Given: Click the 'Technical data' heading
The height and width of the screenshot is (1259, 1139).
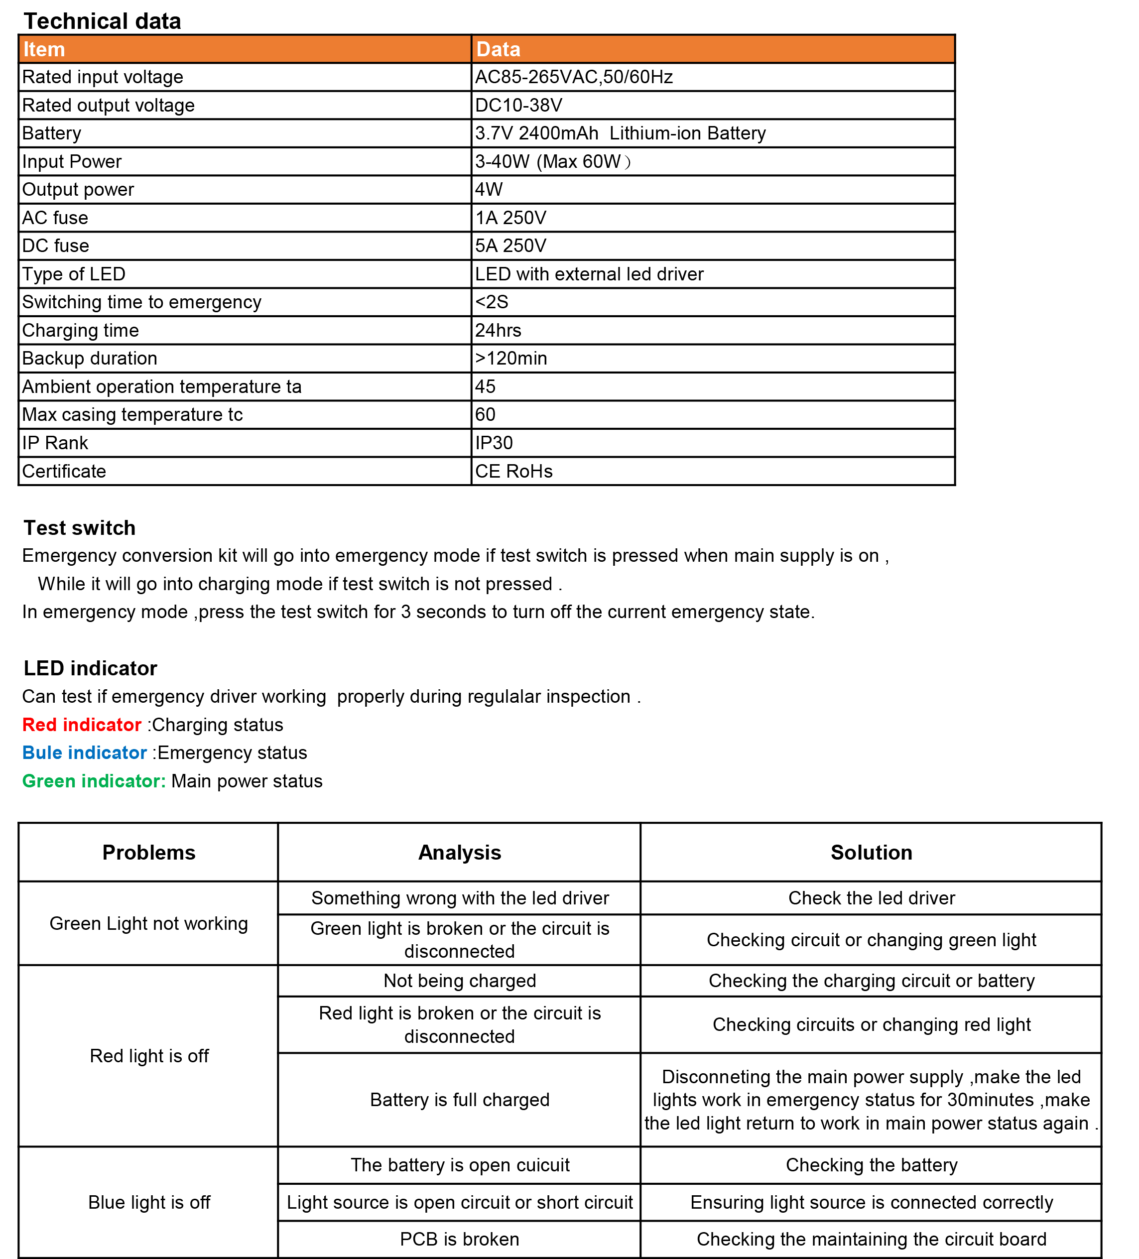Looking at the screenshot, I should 103,21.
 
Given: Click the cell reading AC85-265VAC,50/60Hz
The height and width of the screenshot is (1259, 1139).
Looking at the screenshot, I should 573,77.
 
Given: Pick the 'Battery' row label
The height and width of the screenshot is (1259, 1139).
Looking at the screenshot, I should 52,133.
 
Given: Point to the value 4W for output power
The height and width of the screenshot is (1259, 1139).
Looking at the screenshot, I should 489,189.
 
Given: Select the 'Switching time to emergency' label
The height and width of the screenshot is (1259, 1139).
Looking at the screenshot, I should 142,302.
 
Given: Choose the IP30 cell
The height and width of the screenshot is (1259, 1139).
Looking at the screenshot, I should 494,443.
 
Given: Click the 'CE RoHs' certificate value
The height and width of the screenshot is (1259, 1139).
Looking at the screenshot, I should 513,471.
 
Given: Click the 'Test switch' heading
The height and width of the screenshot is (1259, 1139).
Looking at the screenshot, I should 79,528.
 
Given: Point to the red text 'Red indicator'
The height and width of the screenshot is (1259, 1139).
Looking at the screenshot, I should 82,725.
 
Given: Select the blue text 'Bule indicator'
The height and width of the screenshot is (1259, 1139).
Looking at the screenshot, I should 84,753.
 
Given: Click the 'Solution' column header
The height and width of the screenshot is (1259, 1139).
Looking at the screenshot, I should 871,853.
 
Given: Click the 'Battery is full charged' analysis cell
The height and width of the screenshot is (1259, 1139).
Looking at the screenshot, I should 460,1100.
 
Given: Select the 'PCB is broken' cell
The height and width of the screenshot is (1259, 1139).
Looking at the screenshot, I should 460,1239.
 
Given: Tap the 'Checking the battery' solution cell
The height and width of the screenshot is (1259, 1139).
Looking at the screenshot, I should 871,1165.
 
